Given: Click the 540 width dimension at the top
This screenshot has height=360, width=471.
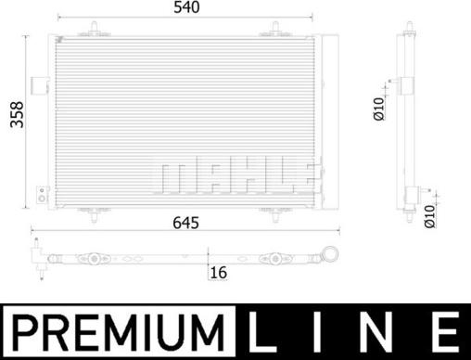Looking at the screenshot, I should click(x=186, y=7).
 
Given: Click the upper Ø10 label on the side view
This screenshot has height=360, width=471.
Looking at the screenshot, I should click(x=378, y=109).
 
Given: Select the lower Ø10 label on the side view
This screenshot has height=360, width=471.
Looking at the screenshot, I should click(x=428, y=215).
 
